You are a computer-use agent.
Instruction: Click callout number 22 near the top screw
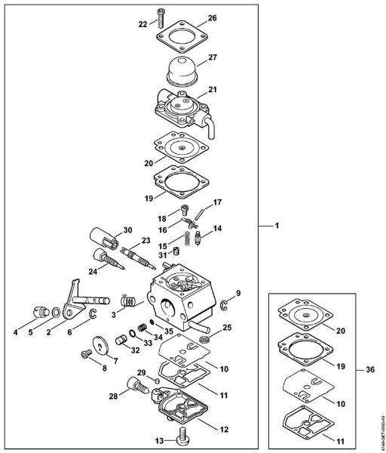coord(142,24)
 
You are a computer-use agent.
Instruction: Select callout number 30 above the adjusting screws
coord(127,230)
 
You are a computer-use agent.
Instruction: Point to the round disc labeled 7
coord(96,345)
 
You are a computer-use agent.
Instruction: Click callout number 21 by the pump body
coord(212,90)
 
